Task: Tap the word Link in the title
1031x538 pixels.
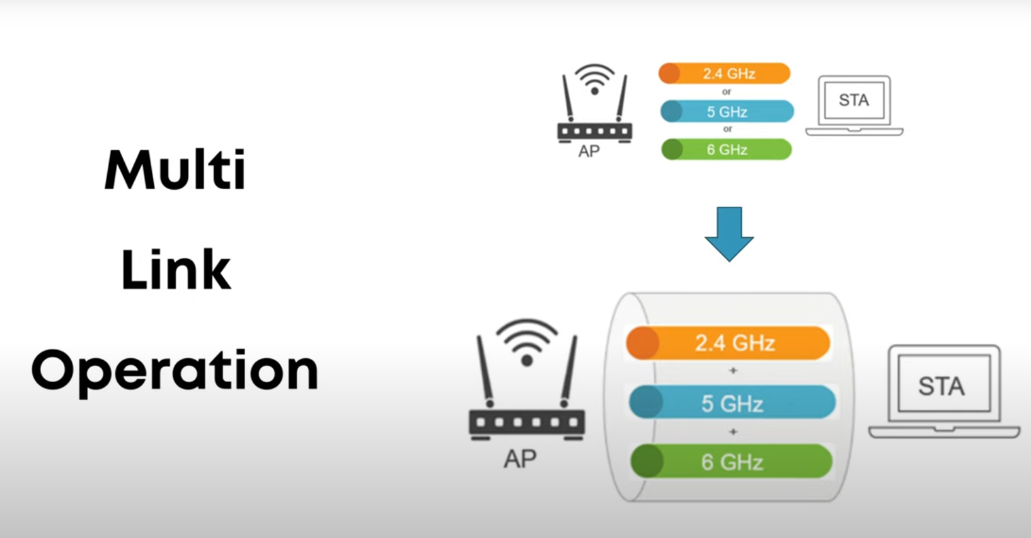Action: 176,270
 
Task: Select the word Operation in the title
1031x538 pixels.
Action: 175,371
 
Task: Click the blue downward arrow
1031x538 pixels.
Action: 729,233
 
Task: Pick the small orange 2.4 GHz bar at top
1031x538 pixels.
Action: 724,73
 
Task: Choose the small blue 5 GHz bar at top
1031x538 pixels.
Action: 727,112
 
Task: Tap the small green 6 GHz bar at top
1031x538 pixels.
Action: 727,149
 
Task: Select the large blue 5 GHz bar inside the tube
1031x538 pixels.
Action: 732,403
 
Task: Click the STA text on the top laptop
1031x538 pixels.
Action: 854,100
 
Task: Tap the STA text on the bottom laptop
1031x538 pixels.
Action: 941,386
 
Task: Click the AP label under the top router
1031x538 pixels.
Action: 589,151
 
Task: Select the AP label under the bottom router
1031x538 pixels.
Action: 520,459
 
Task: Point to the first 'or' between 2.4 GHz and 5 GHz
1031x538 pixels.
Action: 727,92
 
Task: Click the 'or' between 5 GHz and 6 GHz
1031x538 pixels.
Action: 728,129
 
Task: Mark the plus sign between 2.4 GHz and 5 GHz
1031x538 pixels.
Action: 733,371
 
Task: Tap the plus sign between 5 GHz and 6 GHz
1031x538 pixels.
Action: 733,432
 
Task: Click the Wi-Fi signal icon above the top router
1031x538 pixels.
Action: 594,79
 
